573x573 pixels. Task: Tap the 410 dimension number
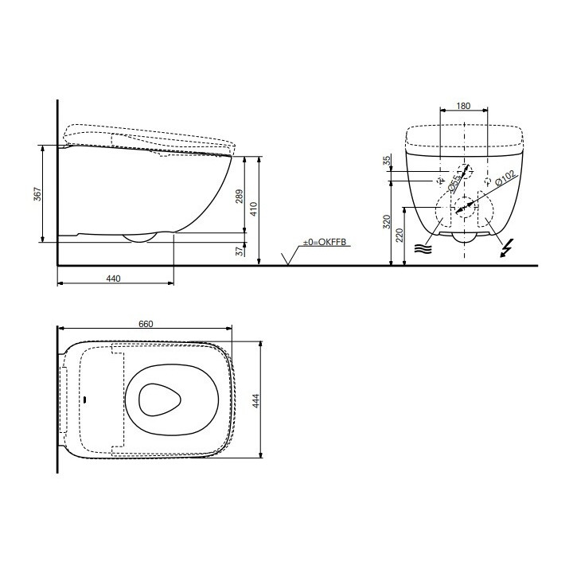(255, 209)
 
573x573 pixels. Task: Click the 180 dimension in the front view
(464, 105)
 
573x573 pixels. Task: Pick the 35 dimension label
(388, 162)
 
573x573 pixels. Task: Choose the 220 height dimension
(400, 235)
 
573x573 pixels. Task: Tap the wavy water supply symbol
(422, 248)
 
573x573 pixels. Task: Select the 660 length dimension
(145, 323)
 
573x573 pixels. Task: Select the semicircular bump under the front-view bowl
(464, 237)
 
